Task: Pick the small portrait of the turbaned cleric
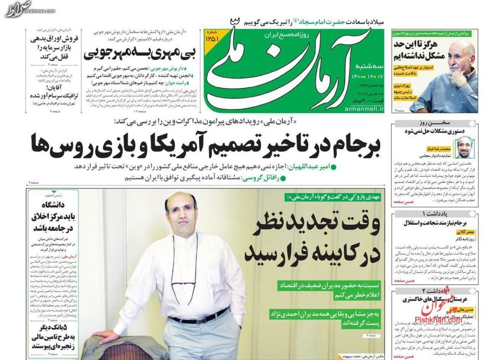pos(463,148)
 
